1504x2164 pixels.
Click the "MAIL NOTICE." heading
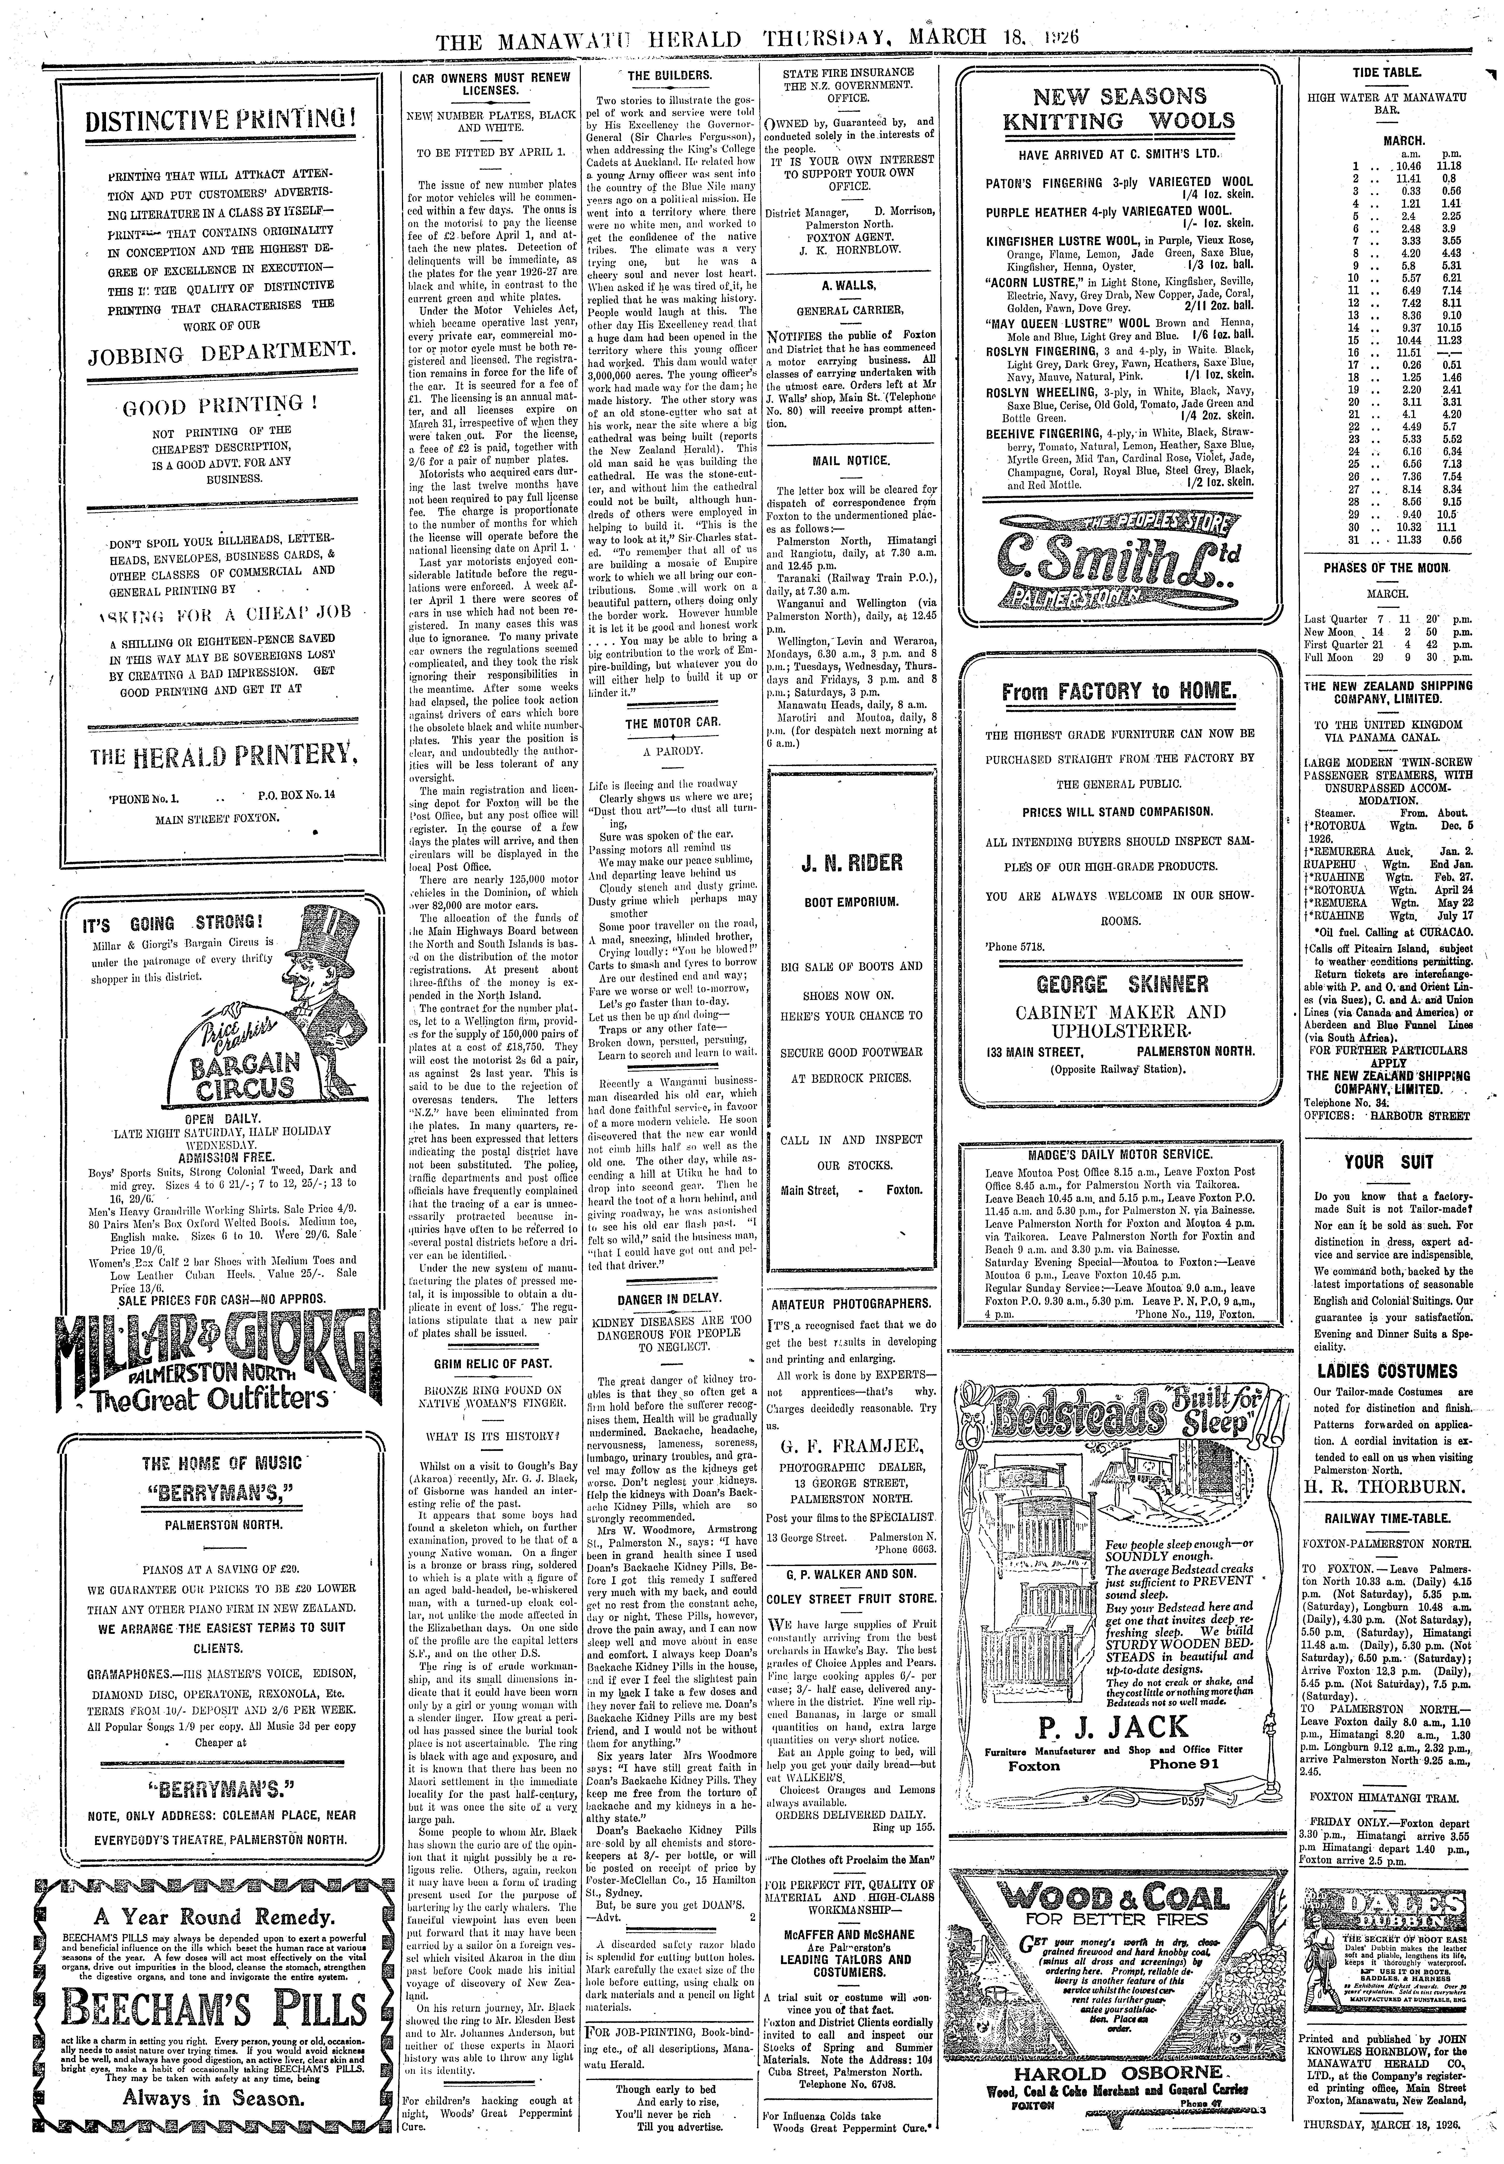pyautogui.click(x=851, y=461)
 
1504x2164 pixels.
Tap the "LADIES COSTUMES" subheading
pyautogui.click(x=1387, y=1371)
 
